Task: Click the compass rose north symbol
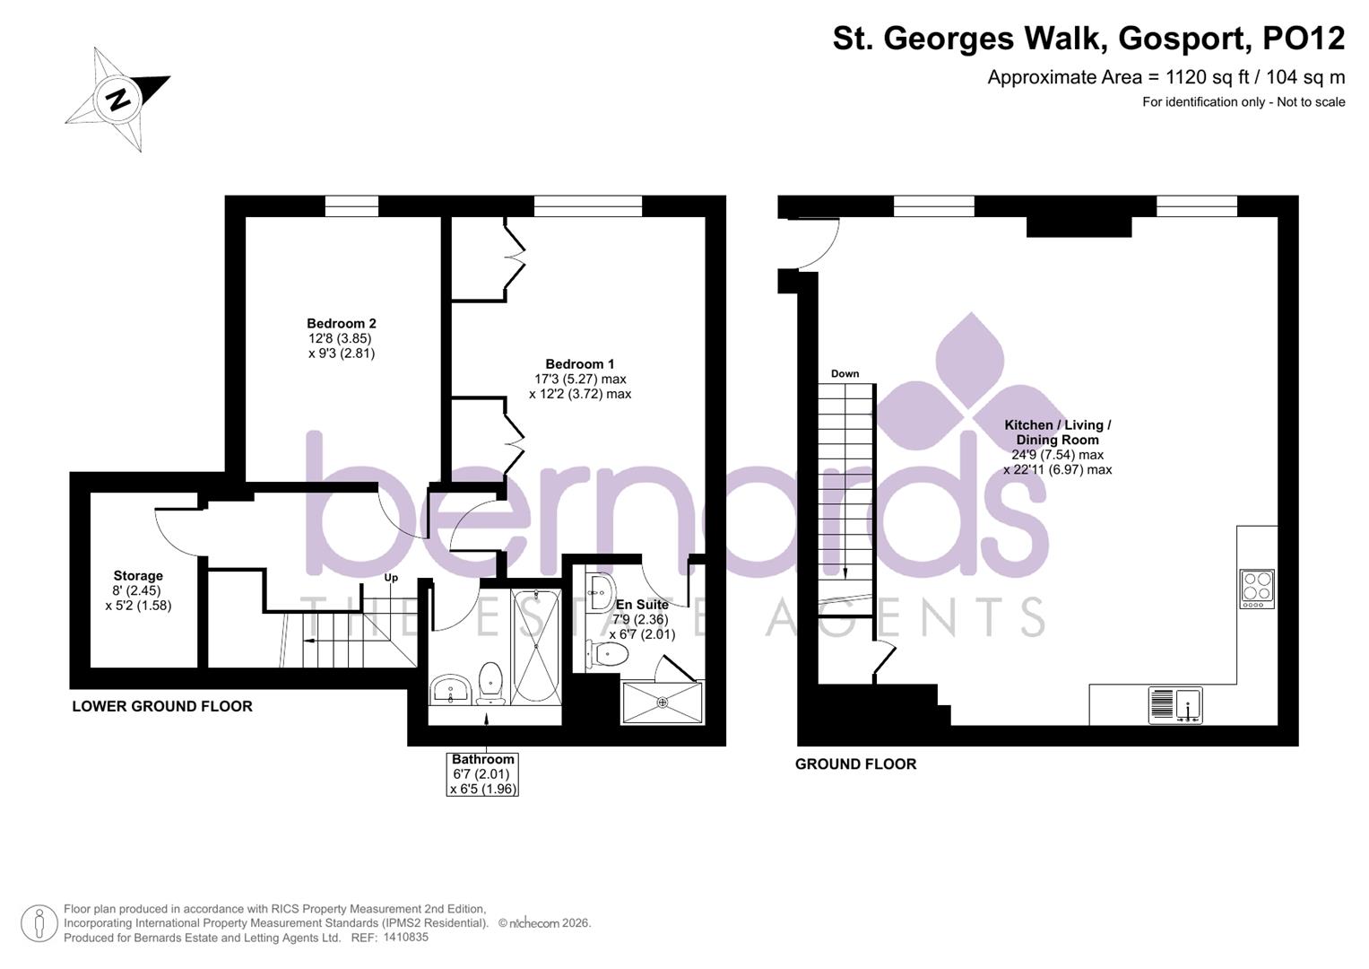click(117, 99)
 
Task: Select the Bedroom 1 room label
click(580, 379)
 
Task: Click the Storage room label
click(138, 590)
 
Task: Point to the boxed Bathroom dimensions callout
click(483, 774)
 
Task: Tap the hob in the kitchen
click(1257, 588)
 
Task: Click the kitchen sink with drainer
click(1175, 705)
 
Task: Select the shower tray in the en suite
click(663, 702)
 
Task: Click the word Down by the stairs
click(845, 374)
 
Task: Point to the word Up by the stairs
click(391, 578)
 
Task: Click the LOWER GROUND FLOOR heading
click(162, 706)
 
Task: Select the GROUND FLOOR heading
click(855, 764)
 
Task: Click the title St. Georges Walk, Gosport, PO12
click(1088, 39)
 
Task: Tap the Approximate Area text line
click(1165, 77)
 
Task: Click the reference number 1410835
click(405, 938)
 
